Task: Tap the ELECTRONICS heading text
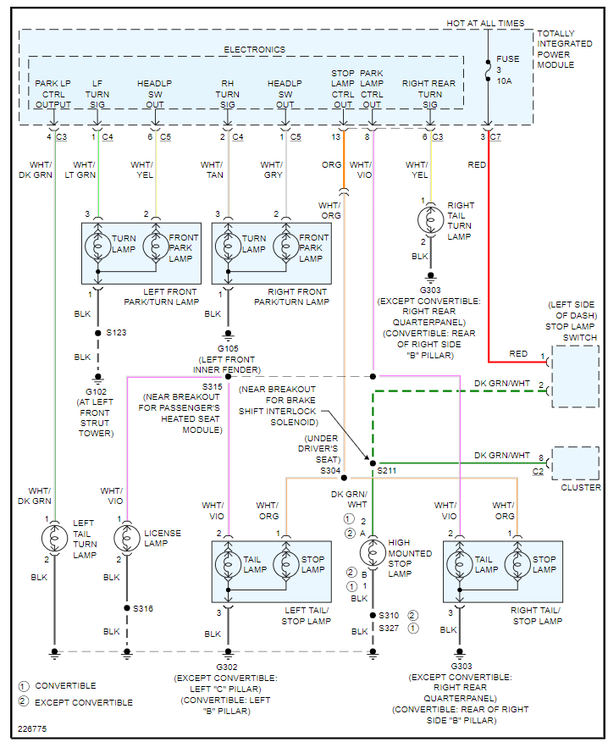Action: [x=254, y=50]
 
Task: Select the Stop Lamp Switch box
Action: [x=576, y=375]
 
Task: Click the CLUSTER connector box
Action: [x=575, y=463]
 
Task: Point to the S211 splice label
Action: [x=387, y=469]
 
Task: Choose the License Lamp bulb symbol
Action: [x=127, y=537]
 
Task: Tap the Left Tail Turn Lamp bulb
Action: [x=55, y=537]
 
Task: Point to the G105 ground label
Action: [x=228, y=348]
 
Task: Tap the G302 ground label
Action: [x=227, y=667]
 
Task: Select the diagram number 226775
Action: [x=33, y=728]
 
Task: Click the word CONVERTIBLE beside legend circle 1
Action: [x=66, y=685]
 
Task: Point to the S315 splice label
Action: [x=213, y=386]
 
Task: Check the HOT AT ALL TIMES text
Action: [x=485, y=23]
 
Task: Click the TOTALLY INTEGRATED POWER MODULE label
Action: [x=566, y=49]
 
